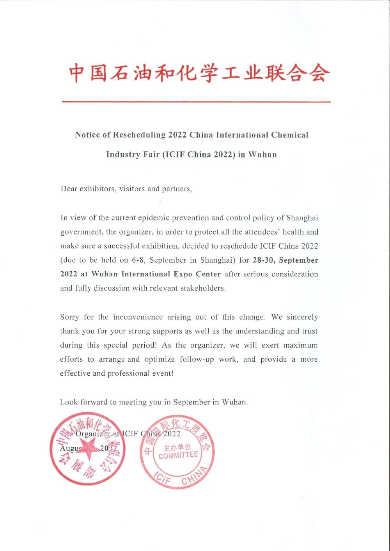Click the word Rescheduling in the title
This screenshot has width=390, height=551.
pos(139,135)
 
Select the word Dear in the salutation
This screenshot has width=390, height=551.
pos(69,189)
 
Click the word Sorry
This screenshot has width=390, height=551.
pos(69,317)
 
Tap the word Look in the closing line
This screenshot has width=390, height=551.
pos(69,402)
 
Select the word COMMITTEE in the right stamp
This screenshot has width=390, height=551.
pos(178,455)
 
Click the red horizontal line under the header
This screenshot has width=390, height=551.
pos(196,102)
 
